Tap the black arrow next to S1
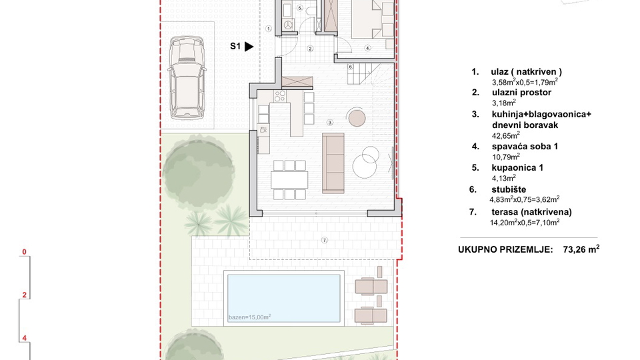click(249, 47)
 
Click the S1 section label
click(235, 47)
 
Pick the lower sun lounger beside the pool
click(371, 313)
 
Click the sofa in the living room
click(333, 160)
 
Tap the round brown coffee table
click(357, 118)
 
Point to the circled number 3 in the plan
click(329, 123)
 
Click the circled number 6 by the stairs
click(351, 67)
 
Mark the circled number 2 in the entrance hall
click(310, 49)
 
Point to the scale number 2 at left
click(24, 295)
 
